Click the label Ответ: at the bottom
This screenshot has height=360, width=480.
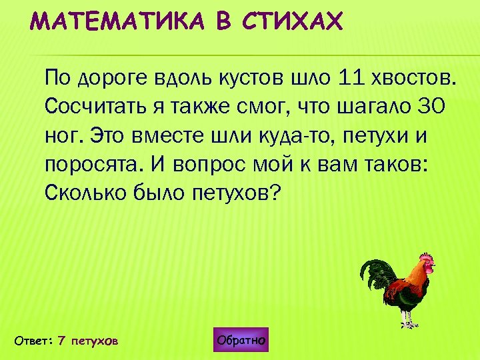click(33, 341)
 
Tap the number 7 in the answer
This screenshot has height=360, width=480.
click(61, 341)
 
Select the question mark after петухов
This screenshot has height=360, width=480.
click(277, 193)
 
